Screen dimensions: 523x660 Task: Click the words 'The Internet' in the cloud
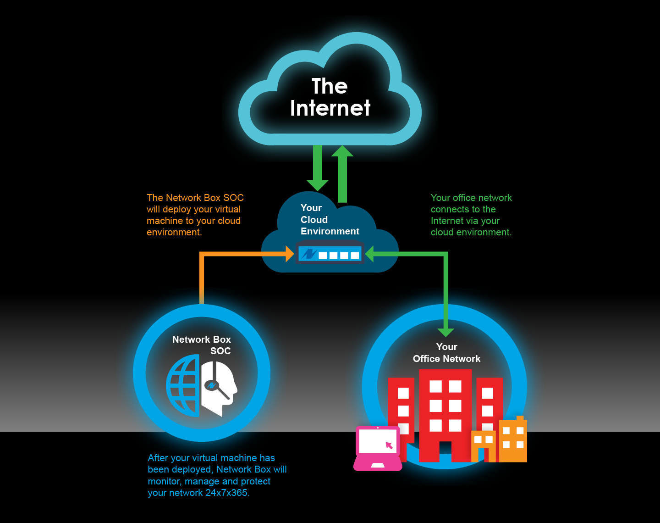[x=330, y=97]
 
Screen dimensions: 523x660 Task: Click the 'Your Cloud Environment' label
[x=330, y=220]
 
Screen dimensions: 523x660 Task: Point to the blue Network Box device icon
[x=330, y=254]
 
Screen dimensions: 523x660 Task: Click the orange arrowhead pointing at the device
[x=289, y=254]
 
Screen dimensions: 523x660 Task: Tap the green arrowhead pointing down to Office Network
[x=445, y=332]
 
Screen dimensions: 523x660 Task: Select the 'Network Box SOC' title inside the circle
[x=202, y=345]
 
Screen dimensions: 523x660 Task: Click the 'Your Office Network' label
[x=446, y=353]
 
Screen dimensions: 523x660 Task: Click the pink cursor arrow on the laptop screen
[x=389, y=445]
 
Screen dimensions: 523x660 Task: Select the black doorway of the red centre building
[x=445, y=451]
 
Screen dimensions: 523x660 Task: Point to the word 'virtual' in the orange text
[x=228, y=209]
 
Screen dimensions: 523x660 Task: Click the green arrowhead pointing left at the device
[x=370, y=254]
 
